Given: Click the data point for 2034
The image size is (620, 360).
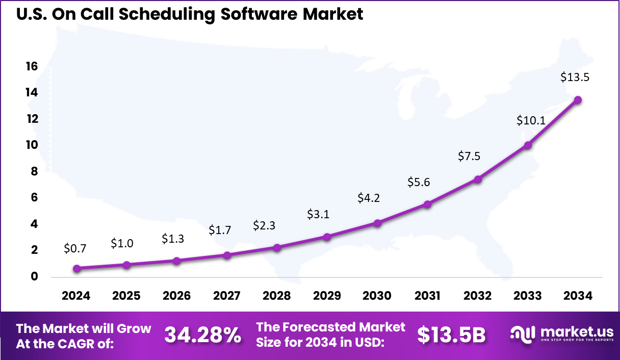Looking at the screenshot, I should click(x=578, y=100).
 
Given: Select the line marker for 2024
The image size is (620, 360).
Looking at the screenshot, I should click(x=76, y=268).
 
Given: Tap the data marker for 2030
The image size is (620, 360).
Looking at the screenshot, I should click(x=377, y=223).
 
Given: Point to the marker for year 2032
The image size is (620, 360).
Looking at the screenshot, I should click(x=478, y=179).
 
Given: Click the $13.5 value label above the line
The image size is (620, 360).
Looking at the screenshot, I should click(x=575, y=78).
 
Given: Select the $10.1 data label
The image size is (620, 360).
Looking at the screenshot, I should click(x=527, y=121).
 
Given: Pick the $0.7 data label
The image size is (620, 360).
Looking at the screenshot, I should click(x=75, y=249).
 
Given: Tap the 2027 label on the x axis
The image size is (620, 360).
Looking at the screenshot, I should click(x=226, y=296).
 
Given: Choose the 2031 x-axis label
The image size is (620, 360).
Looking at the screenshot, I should click(x=427, y=296).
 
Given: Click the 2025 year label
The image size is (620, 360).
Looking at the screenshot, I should click(x=126, y=296).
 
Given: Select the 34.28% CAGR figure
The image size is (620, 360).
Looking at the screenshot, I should click(x=202, y=335).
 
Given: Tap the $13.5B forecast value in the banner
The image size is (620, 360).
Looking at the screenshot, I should click(x=451, y=335).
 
